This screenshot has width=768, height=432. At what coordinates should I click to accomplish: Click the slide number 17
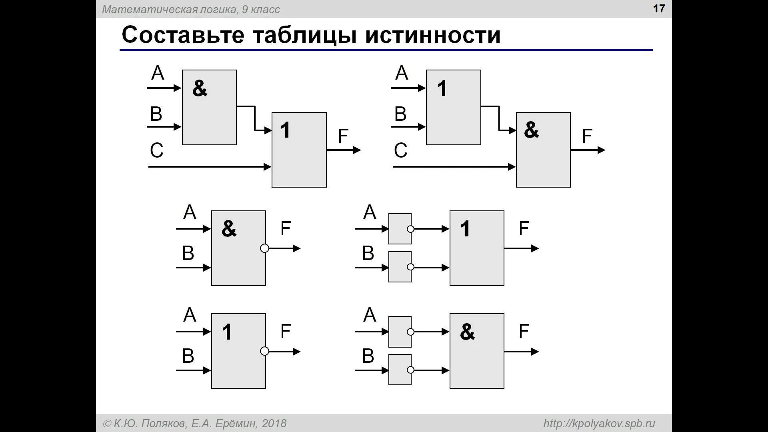pos(659,9)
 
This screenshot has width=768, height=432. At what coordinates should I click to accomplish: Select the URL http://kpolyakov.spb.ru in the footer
pos(599,424)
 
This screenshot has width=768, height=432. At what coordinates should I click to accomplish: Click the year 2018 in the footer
pos(274,424)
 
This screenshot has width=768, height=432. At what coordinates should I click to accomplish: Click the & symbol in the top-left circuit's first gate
pos(200,88)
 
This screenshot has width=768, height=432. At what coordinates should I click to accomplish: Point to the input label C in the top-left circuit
pos(156,151)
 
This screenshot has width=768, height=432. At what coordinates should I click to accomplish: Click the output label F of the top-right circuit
pos(587,136)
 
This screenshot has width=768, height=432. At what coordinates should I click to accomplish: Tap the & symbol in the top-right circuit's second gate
pos(531,130)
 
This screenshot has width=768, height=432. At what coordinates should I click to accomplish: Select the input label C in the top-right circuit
pos(400,151)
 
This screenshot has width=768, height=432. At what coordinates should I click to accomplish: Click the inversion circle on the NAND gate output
pos(264,248)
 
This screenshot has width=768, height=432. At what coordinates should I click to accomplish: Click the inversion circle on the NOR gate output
pos(264,351)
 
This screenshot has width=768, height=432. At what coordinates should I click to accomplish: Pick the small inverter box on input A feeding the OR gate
pos(400,229)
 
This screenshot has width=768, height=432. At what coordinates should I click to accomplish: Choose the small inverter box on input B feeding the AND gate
pos(400,370)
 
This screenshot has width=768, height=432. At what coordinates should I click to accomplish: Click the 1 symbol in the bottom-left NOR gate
pos(227,332)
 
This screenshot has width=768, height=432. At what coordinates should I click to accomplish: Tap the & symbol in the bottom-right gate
pos(467,332)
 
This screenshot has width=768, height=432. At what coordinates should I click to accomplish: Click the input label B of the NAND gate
pos(188,253)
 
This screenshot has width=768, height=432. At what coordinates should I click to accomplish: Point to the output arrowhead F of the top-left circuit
pos(357,150)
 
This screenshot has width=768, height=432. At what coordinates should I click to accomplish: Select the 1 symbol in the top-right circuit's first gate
pos(442,88)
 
